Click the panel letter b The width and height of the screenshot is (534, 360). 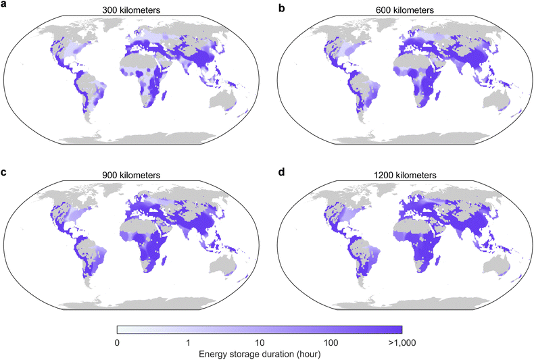click(x=281, y=7)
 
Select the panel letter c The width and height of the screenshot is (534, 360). click(x=4, y=172)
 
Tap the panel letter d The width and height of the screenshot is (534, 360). click(x=281, y=172)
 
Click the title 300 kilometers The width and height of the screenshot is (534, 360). click(x=131, y=10)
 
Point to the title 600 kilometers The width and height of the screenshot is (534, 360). click(x=405, y=10)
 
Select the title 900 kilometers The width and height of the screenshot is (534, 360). click(x=131, y=175)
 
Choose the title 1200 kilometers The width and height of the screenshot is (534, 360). click(x=405, y=175)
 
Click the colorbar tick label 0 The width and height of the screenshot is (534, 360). click(x=117, y=342)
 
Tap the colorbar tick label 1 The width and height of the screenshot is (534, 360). click(x=189, y=342)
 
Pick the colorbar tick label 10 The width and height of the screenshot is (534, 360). click(x=260, y=342)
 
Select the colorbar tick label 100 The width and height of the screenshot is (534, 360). click(x=331, y=342)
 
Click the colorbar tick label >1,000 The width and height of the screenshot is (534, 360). click(x=402, y=342)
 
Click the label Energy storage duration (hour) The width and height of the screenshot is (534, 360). click(x=260, y=354)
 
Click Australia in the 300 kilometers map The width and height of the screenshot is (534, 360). click(x=224, y=101)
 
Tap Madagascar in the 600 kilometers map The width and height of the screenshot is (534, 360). click(x=437, y=96)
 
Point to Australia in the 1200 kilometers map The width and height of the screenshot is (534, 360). click(x=497, y=266)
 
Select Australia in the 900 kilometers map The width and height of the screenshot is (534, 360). click(x=224, y=266)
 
